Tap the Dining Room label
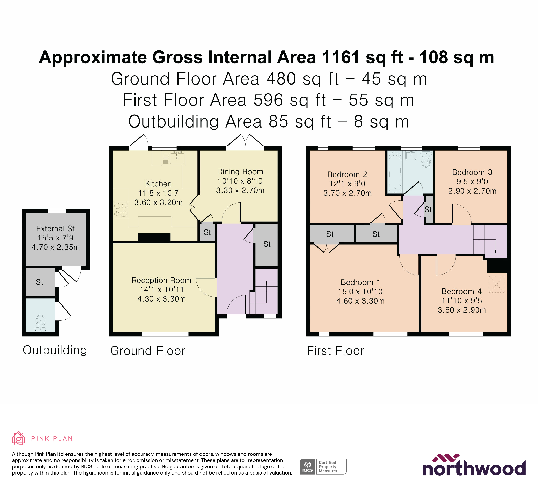tap(240, 172)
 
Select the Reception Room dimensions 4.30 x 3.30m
tap(161, 299)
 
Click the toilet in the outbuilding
tap(40, 323)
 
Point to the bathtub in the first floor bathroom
tap(394, 172)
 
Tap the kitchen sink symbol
tap(177, 157)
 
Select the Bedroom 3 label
tap(472, 172)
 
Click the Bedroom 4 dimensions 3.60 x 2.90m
tap(462, 310)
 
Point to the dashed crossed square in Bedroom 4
tap(496, 284)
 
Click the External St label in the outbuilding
tap(55, 228)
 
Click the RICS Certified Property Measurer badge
tap(323, 466)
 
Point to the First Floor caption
tap(335, 351)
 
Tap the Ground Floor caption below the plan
tap(148, 351)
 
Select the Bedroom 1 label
tap(360, 282)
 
